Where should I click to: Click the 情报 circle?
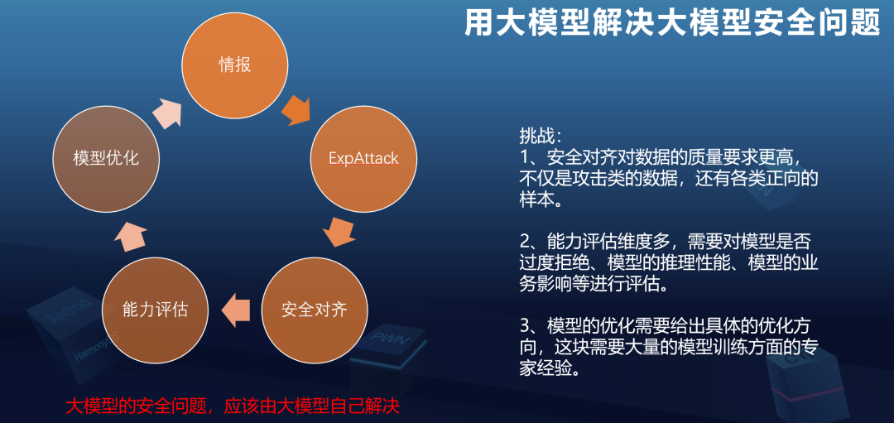pos(235,65)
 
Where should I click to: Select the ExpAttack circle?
pos(363,157)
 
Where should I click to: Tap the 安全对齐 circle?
pos(315,310)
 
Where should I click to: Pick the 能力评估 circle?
pos(155,310)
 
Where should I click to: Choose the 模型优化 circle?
pos(106,157)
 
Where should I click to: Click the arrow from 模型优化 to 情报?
pos(167,109)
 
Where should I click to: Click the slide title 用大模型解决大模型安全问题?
pos(671,22)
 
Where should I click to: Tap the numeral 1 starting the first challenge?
pos(525,156)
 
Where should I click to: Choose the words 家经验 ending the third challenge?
pos(547,369)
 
